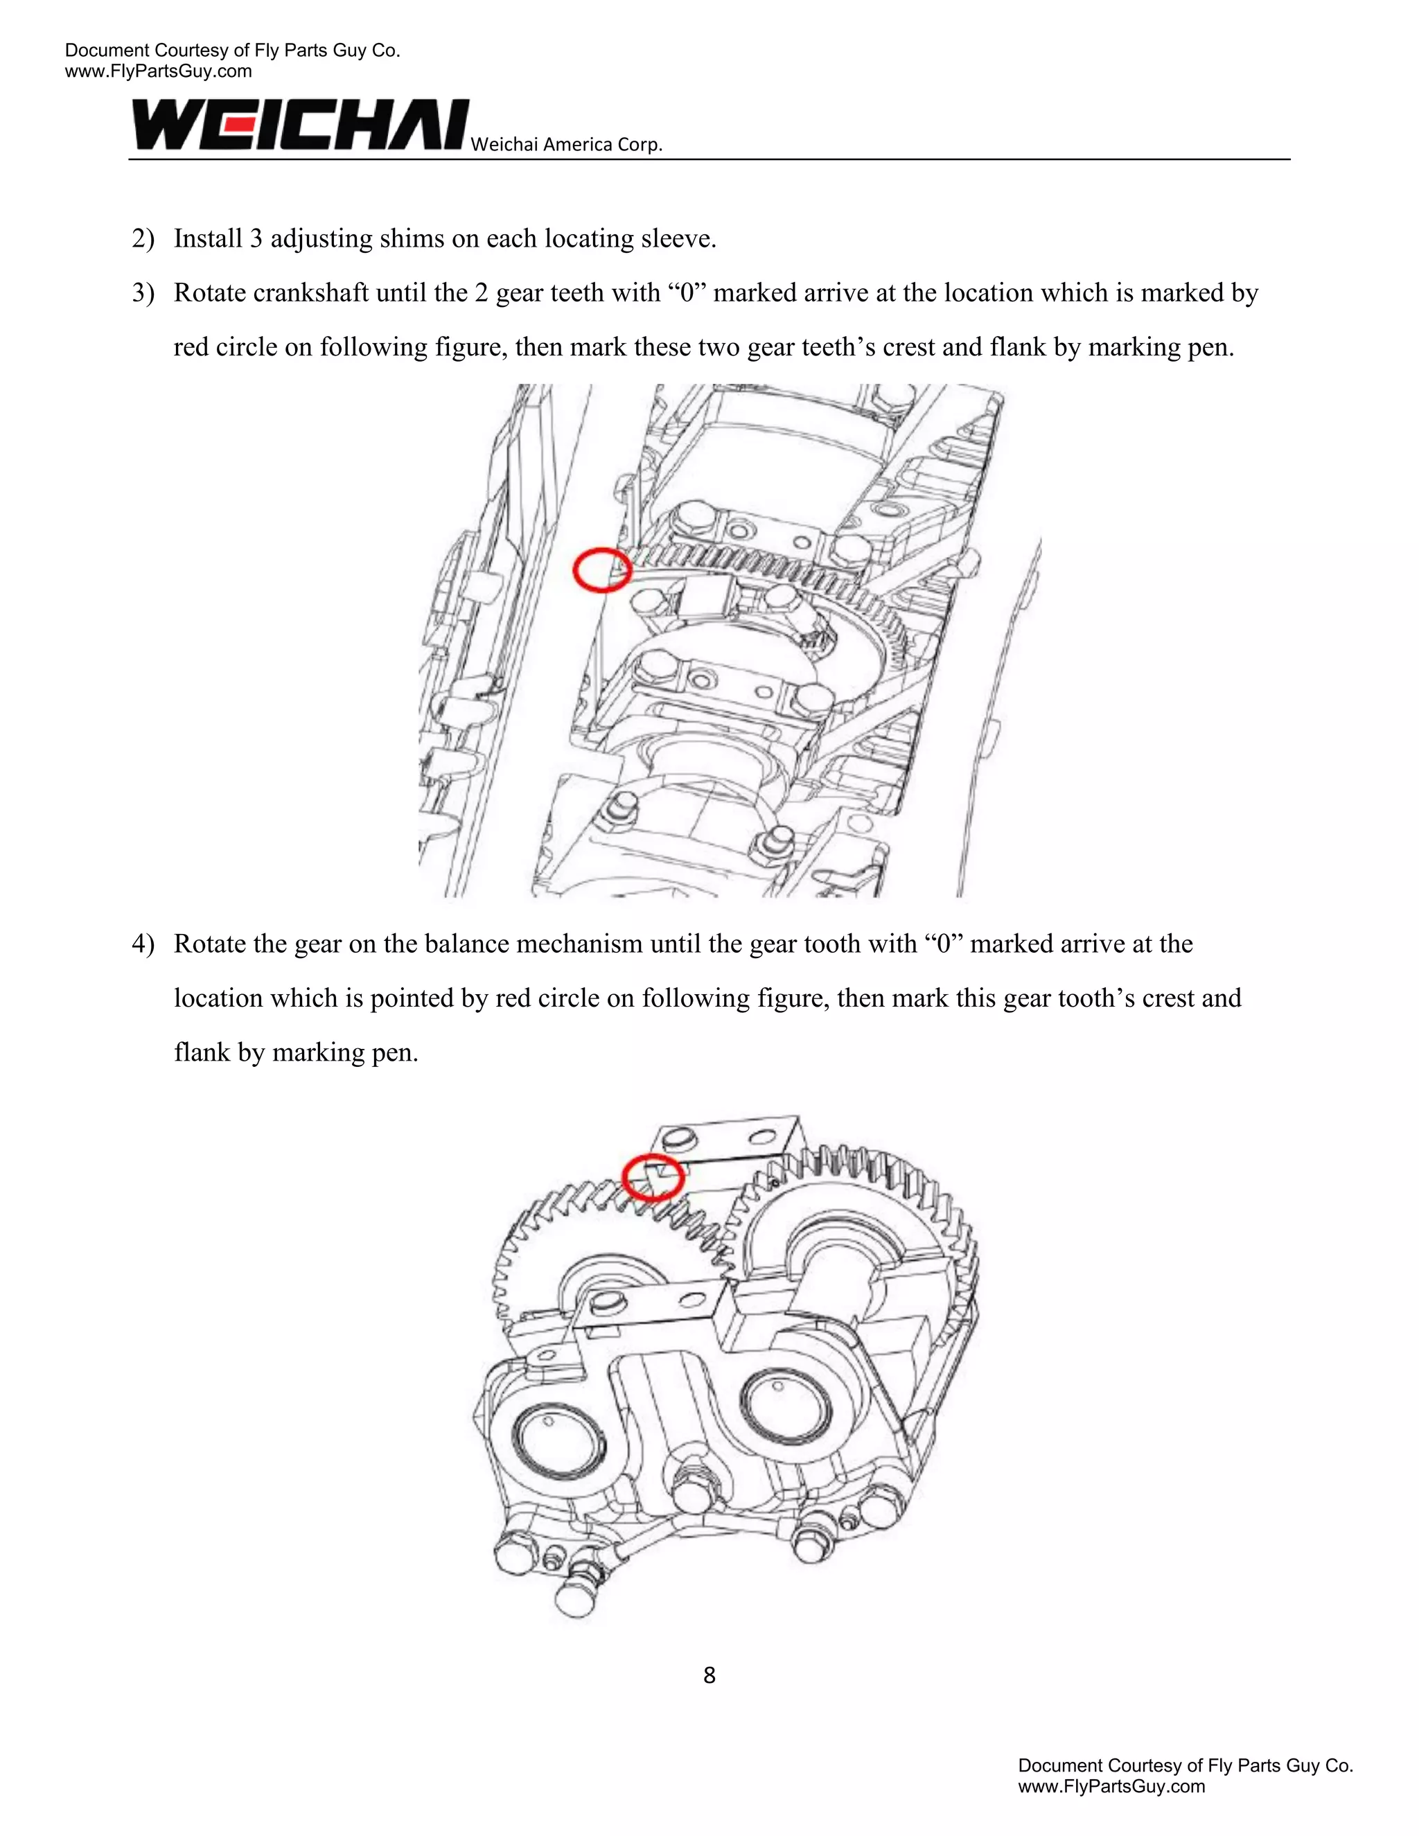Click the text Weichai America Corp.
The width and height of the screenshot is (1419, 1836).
click(x=566, y=145)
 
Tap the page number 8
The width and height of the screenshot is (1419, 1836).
click(x=709, y=1675)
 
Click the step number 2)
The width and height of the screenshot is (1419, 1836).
click(x=143, y=239)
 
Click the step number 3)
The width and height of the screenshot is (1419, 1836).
click(x=143, y=293)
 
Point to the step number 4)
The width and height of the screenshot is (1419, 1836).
click(x=143, y=944)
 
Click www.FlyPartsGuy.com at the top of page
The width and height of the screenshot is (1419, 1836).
click(x=158, y=71)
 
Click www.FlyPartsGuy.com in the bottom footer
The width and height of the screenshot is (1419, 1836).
click(x=1111, y=1786)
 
